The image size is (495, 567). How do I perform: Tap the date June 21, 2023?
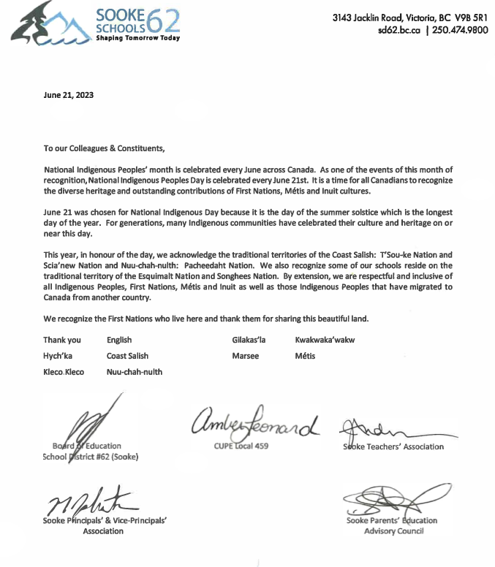69,95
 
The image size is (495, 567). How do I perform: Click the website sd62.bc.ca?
398,30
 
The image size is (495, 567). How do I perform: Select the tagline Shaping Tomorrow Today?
138,38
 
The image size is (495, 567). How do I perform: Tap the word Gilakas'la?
249,340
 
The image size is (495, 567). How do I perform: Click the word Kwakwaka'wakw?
325,340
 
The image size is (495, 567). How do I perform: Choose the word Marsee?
245,356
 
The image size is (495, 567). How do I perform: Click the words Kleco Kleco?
64,372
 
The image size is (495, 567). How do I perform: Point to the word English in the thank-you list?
119,340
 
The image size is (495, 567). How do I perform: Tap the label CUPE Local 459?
242,446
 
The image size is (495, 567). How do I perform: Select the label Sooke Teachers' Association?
393,446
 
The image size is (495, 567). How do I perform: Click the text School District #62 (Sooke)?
90,457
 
